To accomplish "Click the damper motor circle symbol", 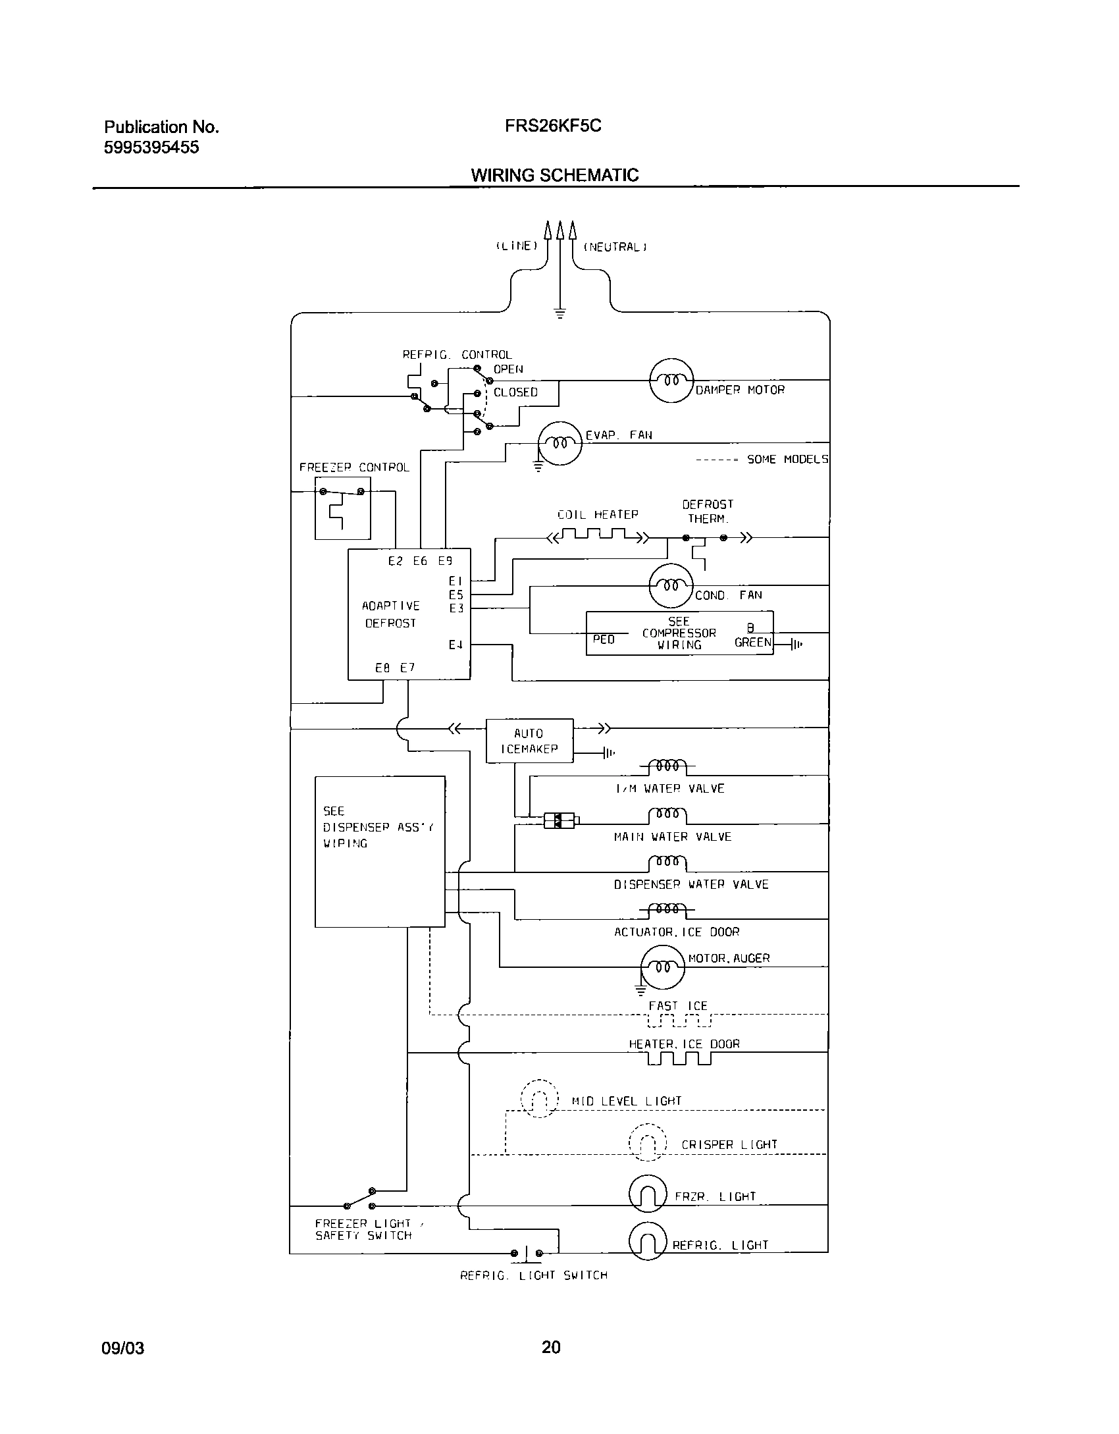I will point(671,380).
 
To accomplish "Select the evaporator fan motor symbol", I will point(560,443).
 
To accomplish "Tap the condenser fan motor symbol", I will point(671,585).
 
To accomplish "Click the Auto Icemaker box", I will point(529,741).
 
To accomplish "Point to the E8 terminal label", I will point(382,668).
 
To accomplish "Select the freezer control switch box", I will point(342,508).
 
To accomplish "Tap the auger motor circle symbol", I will point(662,967).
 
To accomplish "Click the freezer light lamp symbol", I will point(648,1194).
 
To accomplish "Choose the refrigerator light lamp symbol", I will point(648,1242).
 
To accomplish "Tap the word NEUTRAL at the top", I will point(615,248).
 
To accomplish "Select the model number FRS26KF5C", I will point(553,126).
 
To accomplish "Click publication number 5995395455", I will point(151,147).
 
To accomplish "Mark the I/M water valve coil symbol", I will point(667,766).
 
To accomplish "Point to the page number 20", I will point(551,1347).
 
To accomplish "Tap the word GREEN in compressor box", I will point(752,642).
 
